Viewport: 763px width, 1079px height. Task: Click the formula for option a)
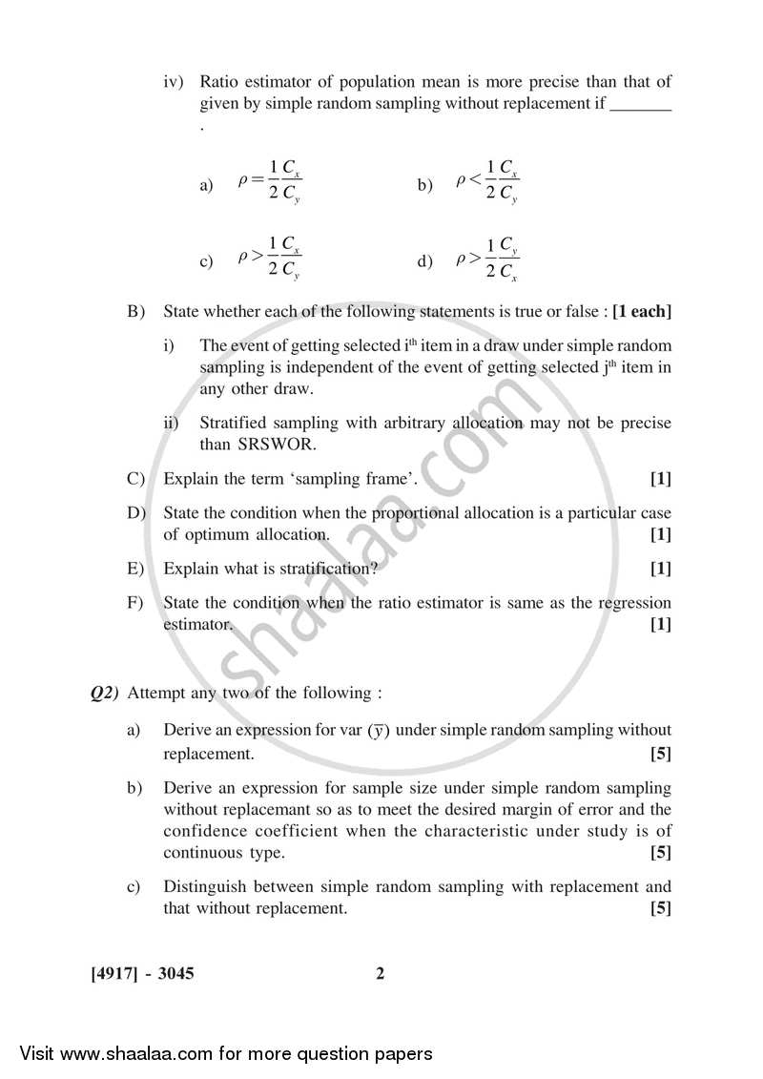(270, 184)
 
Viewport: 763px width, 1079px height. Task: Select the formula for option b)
(487, 184)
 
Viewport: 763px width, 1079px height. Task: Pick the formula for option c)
(270, 259)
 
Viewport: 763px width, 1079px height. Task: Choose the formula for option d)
(487, 259)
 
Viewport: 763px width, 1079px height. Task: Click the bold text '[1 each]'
(642, 311)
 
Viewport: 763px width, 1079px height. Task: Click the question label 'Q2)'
(104, 694)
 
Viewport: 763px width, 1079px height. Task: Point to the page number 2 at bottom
(380, 974)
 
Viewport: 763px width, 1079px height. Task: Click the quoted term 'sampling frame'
(362, 480)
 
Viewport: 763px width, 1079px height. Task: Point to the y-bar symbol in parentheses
(380, 731)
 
